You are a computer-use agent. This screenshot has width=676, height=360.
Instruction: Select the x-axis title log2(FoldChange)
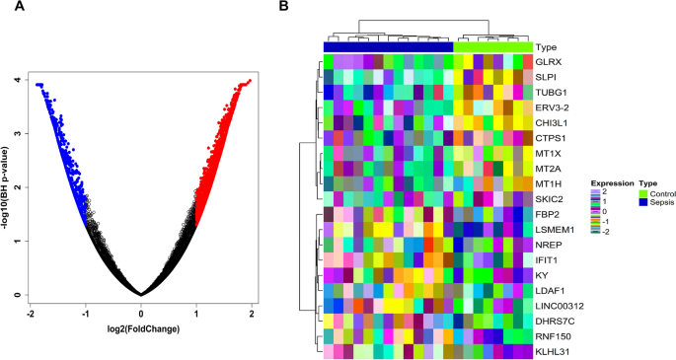click(141, 329)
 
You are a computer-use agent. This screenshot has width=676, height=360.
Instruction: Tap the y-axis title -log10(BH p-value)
click(7, 186)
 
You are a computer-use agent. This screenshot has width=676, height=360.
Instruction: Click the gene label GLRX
click(551, 61)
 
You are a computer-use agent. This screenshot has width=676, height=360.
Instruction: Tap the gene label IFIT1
click(549, 258)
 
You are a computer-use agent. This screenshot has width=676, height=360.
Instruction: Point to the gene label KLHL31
click(554, 350)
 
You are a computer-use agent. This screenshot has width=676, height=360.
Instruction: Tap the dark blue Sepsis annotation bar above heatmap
click(388, 45)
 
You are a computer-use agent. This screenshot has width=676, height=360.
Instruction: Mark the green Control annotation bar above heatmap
click(490, 45)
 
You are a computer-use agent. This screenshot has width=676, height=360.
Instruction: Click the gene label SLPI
click(548, 76)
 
